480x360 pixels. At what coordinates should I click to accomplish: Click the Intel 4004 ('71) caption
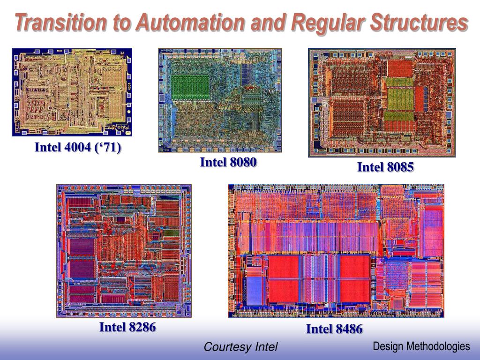[78, 148]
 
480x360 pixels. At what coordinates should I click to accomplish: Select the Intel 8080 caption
[228, 163]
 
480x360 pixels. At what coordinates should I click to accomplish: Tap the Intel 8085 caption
[385, 167]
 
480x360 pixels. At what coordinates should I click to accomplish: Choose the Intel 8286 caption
[127, 327]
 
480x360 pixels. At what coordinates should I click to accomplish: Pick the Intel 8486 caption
[334, 329]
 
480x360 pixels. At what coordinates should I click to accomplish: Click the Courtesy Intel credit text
[240, 347]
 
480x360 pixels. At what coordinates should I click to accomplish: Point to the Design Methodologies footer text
[421, 346]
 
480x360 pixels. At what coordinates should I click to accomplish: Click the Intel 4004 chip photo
[72, 92]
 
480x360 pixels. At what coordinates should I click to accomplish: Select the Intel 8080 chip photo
[220, 100]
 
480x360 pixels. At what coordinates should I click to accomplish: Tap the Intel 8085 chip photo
[382, 102]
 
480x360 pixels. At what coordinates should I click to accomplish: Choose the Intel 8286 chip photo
[124, 251]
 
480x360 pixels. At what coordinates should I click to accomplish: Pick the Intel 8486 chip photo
[336, 250]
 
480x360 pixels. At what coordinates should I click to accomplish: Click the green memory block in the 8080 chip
[190, 85]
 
